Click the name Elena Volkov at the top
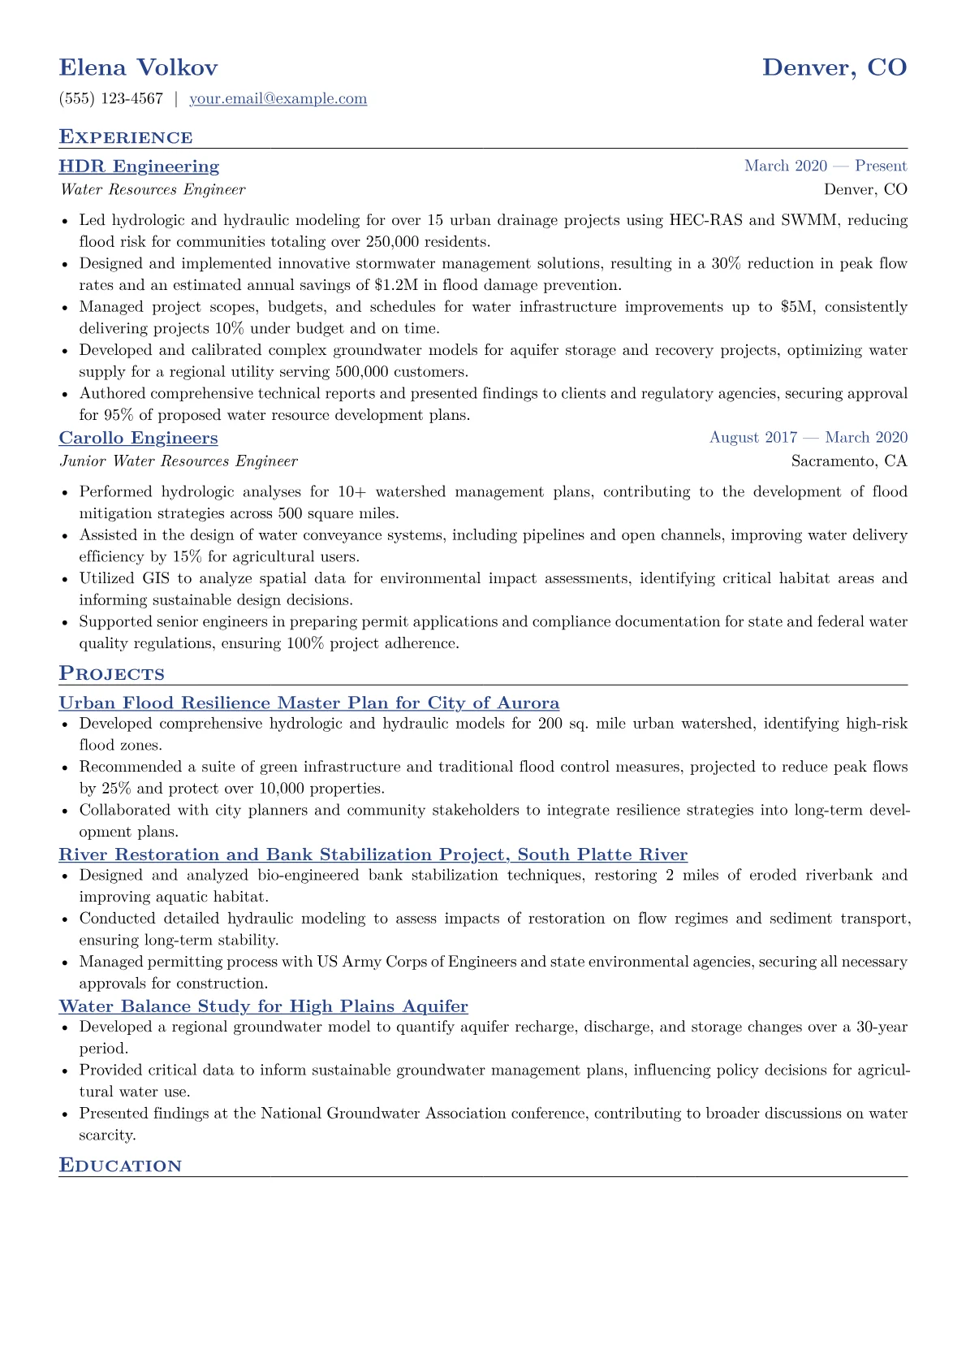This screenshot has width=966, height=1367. tap(138, 67)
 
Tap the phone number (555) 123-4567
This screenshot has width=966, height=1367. tap(111, 99)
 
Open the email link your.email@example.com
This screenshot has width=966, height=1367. tap(278, 99)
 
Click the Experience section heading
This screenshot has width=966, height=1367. tap(126, 137)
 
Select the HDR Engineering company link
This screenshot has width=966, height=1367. tap(139, 167)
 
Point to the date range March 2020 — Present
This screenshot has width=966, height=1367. tap(825, 167)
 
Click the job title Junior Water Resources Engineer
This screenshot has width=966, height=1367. tap(179, 461)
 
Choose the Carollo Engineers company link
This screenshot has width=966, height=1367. tap(138, 439)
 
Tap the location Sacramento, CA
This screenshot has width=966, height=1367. tap(849, 461)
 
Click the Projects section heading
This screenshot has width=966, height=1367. tap(111, 674)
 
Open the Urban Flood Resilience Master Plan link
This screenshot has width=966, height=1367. tap(308, 703)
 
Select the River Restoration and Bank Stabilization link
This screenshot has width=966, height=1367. tap(373, 855)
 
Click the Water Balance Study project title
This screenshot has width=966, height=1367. tap(263, 1007)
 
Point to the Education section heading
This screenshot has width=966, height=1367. tap(120, 1166)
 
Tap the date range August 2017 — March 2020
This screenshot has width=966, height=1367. tap(808, 438)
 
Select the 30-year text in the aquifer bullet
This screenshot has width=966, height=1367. tap(881, 1027)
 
